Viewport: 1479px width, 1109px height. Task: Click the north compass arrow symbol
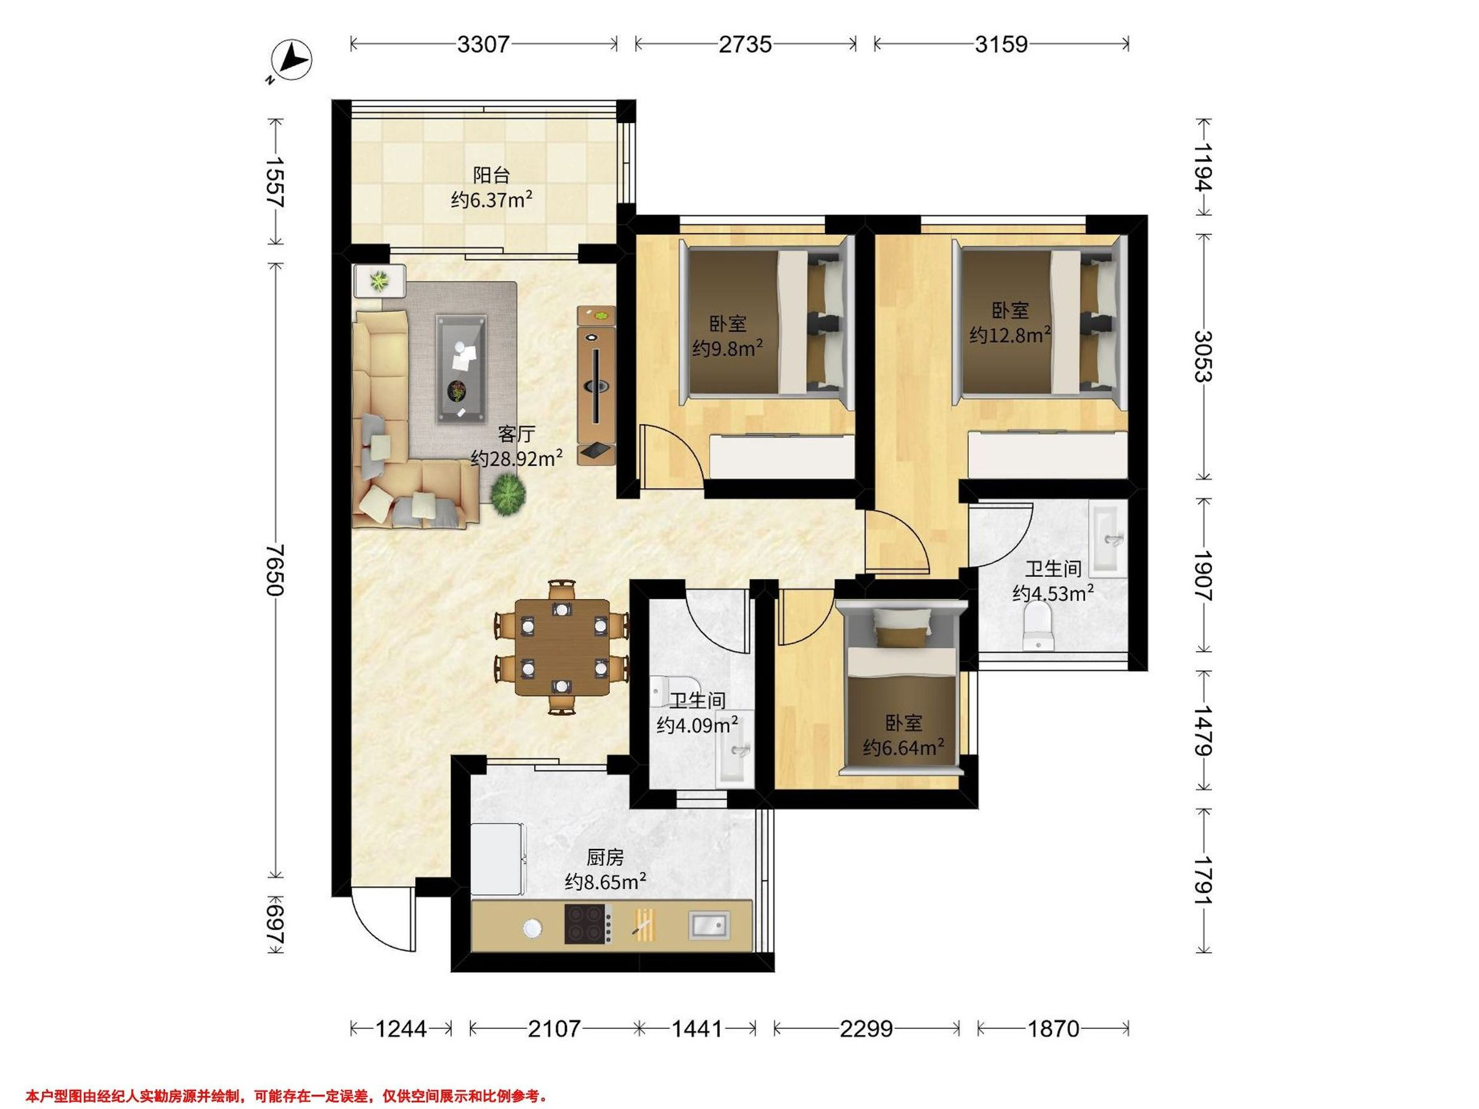pos(291,61)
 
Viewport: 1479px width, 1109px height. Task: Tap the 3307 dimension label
pos(483,44)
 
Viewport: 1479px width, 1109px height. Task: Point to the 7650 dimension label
pos(275,569)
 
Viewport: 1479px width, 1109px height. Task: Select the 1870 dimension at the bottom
pos(1053,1029)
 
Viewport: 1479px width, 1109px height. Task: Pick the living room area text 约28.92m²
pos(516,458)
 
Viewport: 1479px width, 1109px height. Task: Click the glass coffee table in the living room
pos(462,368)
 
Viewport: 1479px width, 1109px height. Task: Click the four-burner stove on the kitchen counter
pos(589,923)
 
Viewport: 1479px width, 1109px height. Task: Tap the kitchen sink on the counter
pos(709,927)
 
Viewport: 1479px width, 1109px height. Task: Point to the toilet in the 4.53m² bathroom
pos(1038,627)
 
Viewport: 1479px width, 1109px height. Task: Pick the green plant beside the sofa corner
pos(508,494)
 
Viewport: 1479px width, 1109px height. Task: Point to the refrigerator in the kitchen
pos(498,859)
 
